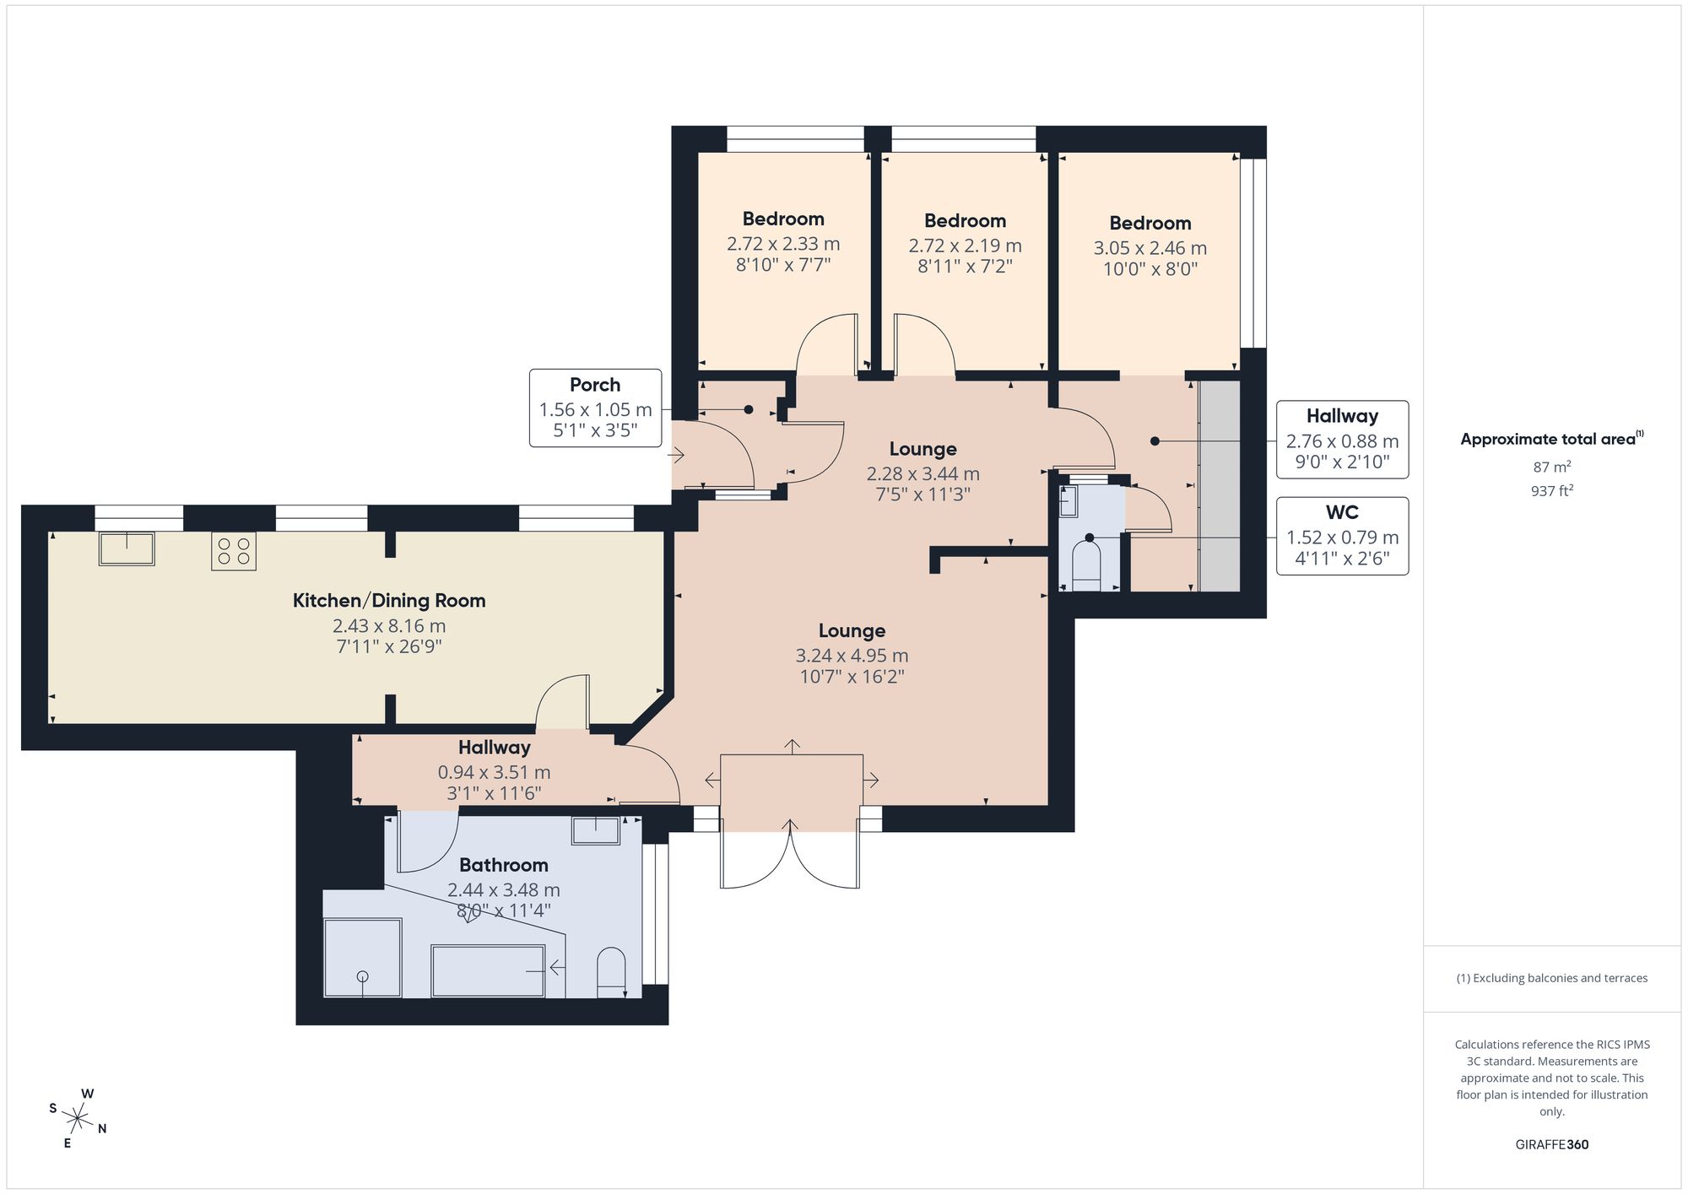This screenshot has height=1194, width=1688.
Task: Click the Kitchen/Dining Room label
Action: pos(389,601)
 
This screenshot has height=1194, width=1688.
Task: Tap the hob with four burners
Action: pos(234,551)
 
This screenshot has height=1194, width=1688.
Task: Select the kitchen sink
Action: pos(127,548)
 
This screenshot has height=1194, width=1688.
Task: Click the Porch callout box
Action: pos(595,408)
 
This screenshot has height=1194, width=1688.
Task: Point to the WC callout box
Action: pos(1342,537)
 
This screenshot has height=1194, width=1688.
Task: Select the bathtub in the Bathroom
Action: pos(489,971)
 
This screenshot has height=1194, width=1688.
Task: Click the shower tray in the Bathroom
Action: pos(363,958)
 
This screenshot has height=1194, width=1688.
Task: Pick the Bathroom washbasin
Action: pos(596,830)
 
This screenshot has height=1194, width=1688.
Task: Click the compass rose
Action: pos(78,1119)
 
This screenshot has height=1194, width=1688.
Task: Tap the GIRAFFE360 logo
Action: pos(1551,1145)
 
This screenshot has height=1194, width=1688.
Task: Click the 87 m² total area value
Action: pos(1551,467)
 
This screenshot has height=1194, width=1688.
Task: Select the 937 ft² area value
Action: pos(1551,490)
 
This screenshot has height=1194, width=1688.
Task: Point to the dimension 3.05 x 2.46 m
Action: pos(1150,248)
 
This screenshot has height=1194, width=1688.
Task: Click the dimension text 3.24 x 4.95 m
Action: pos(852,656)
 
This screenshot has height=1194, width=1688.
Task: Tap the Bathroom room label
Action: pos(504,865)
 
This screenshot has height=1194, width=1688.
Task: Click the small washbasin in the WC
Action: pos(1069,502)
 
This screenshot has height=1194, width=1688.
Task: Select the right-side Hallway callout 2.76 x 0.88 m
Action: pos(1342,440)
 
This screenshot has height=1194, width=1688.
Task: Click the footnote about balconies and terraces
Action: pos(1551,978)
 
